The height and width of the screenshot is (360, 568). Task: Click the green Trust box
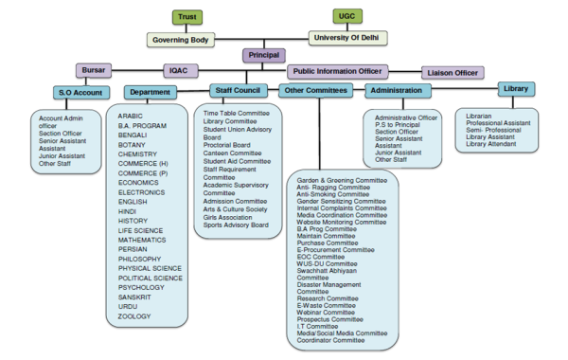pos(187,16)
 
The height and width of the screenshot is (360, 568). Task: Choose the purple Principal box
pos(263,56)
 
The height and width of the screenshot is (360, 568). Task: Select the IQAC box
pos(177,71)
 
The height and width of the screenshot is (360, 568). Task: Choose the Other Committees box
pos(314,90)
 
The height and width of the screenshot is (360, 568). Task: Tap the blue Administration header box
pos(401,91)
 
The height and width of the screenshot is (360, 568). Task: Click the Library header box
pos(516,88)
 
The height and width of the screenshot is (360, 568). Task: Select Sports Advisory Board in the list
pos(237,225)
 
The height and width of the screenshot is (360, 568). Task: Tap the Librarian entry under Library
pos(484,116)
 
